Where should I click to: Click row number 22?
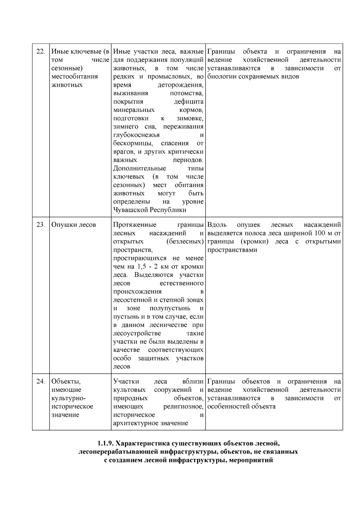pos(40,52)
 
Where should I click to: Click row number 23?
pos(40,225)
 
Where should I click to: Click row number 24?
pos(40,382)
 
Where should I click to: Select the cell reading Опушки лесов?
pos(73,225)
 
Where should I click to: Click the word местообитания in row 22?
pos(74,76)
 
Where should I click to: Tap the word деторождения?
pos(180,85)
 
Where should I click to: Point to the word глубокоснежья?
pos(136,135)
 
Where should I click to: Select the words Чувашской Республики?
pos(149,210)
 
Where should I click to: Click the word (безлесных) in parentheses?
pos(185,241)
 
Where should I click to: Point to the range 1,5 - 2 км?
pos(156,267)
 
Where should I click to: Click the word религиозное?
pos(183,407)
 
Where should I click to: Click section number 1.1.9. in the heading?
pos(106,443)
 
